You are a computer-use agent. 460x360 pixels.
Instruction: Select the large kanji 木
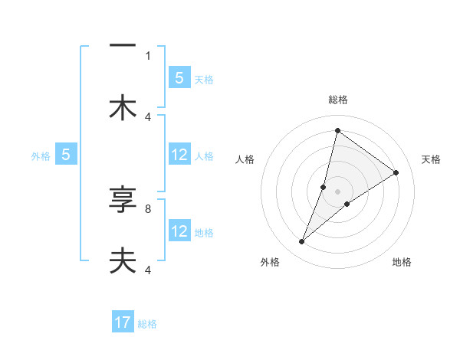pos(123,108)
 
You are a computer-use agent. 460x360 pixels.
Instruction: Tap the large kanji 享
pos(123,201)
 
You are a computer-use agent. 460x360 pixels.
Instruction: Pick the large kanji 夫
pos(123,260)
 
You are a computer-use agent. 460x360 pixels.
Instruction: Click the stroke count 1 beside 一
pos(148,55)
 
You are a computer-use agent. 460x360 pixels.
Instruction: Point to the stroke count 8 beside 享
pos(148,208)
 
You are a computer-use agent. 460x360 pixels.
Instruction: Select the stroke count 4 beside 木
pos(148,116)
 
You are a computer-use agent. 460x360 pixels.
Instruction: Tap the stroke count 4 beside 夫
pos(148,270)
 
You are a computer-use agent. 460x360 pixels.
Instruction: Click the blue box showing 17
pos(123,323)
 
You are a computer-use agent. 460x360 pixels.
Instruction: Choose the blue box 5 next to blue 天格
pos(179,78)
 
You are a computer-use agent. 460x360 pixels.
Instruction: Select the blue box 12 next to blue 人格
pos(179,155)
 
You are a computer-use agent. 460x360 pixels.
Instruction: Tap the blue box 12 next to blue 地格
pos(179,231)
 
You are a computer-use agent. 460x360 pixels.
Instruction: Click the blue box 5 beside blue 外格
pos(66,155)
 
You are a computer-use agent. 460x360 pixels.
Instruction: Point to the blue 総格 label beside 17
pos(147,324)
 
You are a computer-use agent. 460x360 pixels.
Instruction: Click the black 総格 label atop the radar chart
pos(337,100)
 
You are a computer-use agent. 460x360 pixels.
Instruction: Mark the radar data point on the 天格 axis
pos(396,172)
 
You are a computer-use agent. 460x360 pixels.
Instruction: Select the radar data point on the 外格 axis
pos(301,242)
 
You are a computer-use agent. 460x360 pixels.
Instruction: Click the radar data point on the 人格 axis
pos(324,187)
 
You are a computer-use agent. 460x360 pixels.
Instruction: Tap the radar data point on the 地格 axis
pos(347,204)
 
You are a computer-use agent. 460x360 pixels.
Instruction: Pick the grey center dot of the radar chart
pos(337,191)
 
